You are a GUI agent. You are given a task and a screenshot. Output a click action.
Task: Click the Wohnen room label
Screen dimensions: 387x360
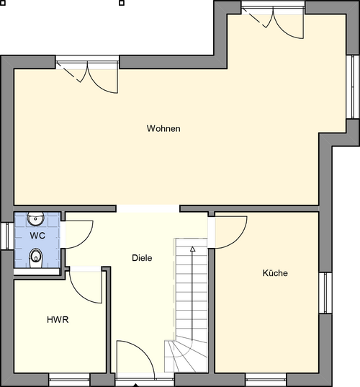163,129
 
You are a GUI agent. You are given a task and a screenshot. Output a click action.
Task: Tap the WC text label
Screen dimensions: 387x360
37,236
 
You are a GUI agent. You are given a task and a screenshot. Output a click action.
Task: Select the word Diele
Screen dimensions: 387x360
142,258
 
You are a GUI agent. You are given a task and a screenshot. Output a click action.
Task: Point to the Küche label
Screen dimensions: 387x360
275,274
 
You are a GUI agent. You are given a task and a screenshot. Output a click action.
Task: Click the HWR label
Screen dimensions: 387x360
58,319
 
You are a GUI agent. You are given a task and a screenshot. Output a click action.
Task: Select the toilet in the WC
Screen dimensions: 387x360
35,256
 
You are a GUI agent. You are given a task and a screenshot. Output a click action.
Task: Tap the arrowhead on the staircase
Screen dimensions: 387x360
192,249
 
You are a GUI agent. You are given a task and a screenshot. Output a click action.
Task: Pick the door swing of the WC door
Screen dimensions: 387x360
79,233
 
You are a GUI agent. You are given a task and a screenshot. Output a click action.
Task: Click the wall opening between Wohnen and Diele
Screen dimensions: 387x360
148,208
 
